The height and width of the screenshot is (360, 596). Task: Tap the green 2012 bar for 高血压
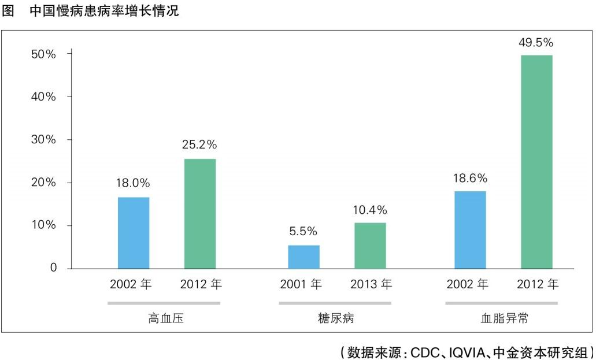(x=200, y=213)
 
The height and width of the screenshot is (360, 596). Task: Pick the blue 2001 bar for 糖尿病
(x=303, y=257)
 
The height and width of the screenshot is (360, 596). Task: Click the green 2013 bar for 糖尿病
(x=370, y=245)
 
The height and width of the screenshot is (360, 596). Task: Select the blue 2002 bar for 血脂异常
(x=470, y=229)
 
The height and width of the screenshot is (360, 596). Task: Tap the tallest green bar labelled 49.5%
(x=536, y=162)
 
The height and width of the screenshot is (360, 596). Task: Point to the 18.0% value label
(x=133, y=183)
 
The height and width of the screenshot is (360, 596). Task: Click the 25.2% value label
(x=199, y=144)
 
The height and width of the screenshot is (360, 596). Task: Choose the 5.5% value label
(x=303, y=231)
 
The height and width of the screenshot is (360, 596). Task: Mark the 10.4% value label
(x=370, y=209)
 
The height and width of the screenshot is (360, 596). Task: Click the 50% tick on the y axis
(x=43, y=54)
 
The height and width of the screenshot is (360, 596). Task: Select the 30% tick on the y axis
(x=43, y=140)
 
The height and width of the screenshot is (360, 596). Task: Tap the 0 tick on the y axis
(x=53, y=268)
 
